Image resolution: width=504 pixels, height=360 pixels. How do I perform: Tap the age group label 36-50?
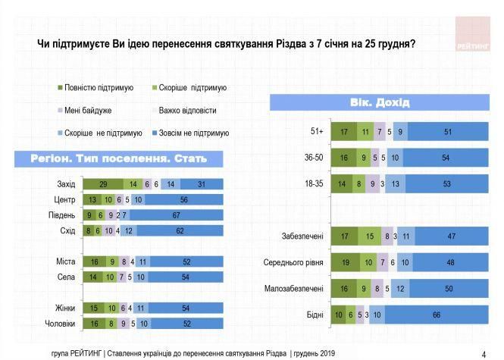tap(313, 158)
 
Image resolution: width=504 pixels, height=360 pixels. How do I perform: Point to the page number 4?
tap(484, 353)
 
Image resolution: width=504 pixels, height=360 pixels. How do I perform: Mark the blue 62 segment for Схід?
tap(180, 230)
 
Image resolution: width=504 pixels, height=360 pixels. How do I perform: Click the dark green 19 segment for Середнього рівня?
tap(345, 263)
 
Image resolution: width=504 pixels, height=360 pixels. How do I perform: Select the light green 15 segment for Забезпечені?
tap(369, 237)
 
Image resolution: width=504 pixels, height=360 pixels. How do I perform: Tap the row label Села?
tap(64, 278)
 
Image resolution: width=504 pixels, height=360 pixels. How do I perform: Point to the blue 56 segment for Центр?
tap(184, 199)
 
